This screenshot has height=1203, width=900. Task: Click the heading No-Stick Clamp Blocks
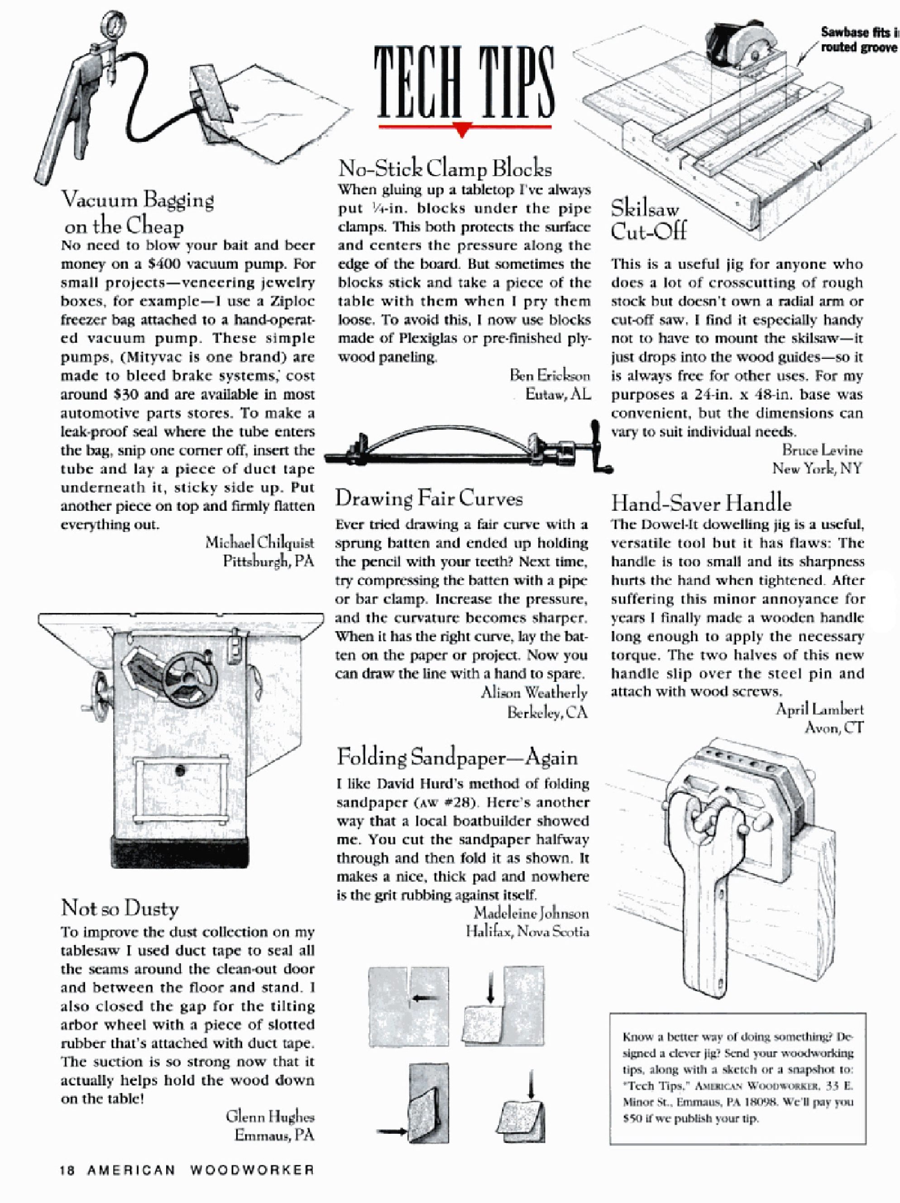(445, 169)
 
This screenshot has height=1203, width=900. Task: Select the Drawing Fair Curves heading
(429, 498)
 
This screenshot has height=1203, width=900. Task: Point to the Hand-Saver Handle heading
(701, 503)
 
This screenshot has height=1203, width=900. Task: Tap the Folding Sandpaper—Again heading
(457, 757)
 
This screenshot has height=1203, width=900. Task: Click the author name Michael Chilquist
(259, 542)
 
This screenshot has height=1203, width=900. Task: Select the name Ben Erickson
(550, 375)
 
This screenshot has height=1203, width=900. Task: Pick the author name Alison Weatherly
(534, 693)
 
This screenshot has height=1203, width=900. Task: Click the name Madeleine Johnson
(531, 913)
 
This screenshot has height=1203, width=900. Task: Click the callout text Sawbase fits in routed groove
(859, 40)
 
